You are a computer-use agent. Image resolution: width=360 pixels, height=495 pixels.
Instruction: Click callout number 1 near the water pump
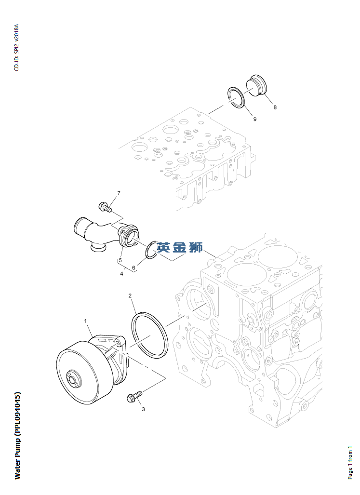pyautogui.click(x=85, y=321)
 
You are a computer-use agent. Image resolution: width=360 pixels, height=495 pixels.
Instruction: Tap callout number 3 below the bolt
pyautogui.click(x=143, y=409)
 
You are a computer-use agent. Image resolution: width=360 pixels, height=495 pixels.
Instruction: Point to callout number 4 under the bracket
pyautogui.click(x=121, y=274)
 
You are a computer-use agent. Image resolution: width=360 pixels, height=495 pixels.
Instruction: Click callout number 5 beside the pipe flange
pyautogui.click(x=120, y=261)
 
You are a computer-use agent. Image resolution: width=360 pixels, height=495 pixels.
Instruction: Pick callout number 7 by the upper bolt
pyautogui.click(x=119, y=193)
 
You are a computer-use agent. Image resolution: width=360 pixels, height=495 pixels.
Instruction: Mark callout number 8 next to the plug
pyautogui.click(x=275, y=107)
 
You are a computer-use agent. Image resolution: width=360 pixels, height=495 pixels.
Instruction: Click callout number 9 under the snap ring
pyautogui.click(x=255, y=119)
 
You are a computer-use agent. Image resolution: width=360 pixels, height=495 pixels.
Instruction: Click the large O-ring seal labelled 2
pyautogui.click(x=149, y=334)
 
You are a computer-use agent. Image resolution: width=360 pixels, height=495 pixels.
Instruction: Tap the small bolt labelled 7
pyautogui.click(x=104, y=207)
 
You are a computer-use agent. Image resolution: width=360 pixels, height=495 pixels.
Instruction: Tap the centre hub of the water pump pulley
pyautogui.click(x=73, y=378)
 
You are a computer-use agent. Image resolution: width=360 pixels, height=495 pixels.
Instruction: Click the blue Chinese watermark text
pyautogui.click(x=179, y=248)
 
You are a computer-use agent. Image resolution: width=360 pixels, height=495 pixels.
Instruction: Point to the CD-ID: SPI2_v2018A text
pyautogui.click(x=16, y=47)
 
